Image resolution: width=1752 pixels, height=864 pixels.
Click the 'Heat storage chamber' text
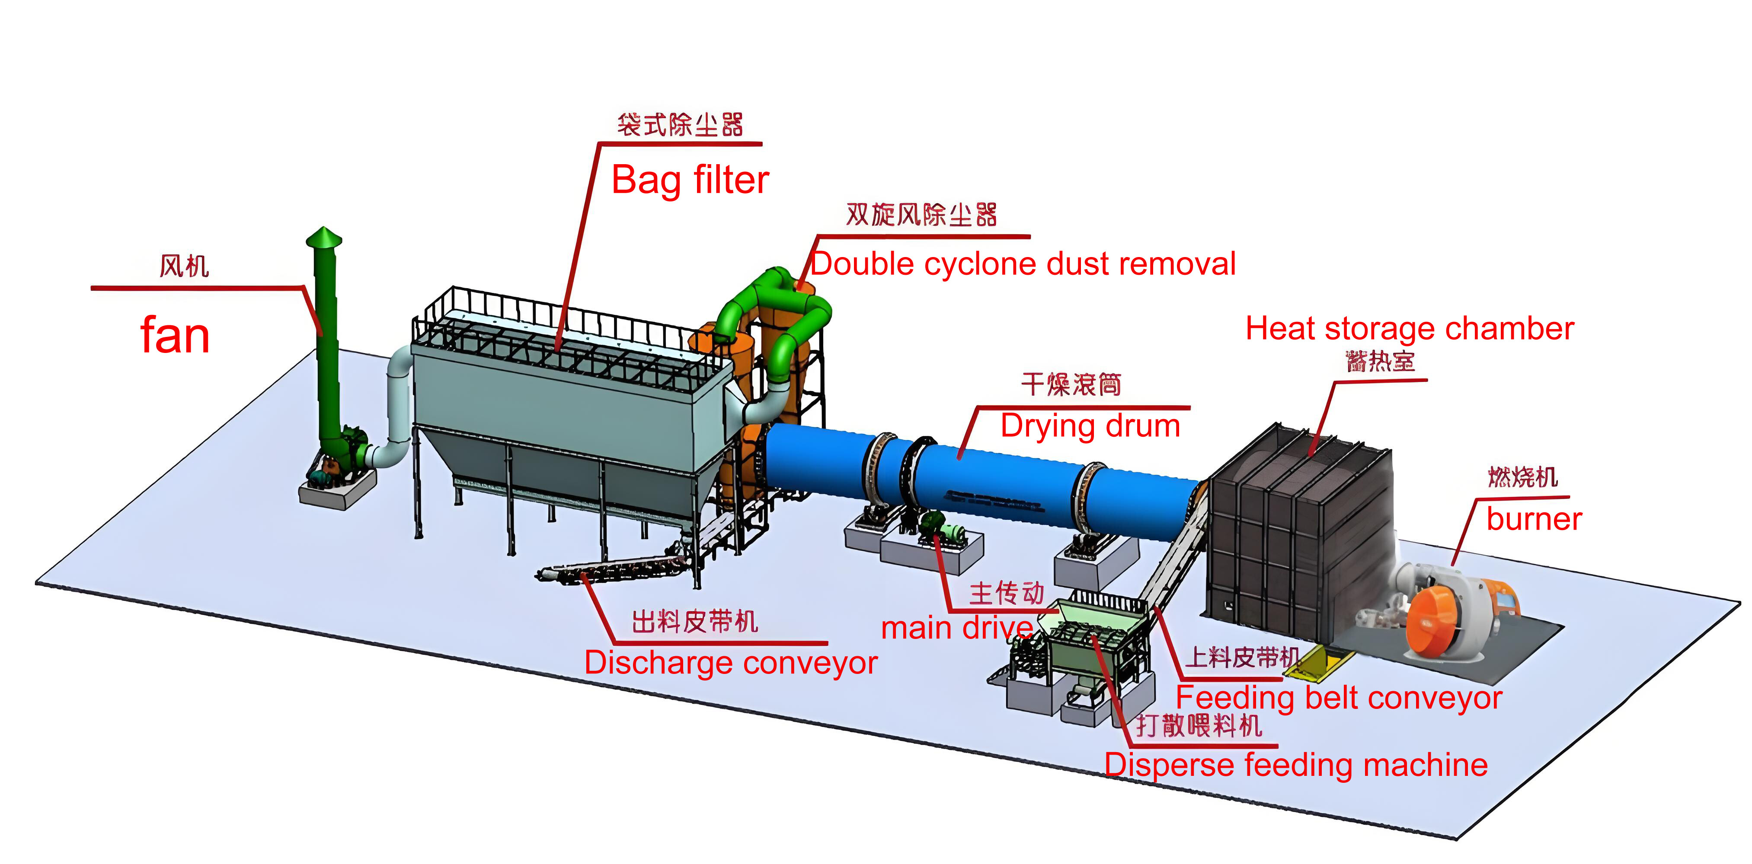[1409, 329]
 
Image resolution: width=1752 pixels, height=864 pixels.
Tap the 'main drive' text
[956, 628]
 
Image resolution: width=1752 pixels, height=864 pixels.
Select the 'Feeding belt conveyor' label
[1339, 698]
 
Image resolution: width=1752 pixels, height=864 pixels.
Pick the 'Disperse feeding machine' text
[1296, 766]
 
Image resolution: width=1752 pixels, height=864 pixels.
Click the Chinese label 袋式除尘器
[680, 125]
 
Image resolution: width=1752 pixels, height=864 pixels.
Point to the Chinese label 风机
[184, 266]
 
